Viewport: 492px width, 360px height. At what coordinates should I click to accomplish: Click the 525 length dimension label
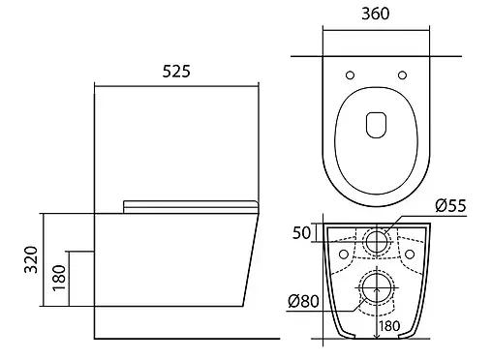tap(176, 72)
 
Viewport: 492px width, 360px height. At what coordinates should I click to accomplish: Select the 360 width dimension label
tap(376, 14)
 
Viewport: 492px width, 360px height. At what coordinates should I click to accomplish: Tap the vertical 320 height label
tap(31, 259)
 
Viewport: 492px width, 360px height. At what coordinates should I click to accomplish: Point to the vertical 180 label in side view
tap(59, 278)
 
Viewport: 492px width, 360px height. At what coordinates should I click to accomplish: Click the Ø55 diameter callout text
tap(450, 205)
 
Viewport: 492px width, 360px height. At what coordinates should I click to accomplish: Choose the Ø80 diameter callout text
tap(303, 301)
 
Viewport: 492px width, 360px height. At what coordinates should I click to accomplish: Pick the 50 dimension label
tap(301, 233)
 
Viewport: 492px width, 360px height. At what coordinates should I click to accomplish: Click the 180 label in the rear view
tap(389, 326)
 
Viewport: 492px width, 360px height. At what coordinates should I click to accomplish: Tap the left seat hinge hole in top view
tap(350, 75)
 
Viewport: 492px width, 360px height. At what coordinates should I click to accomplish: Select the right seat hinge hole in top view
tap(402, 75)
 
